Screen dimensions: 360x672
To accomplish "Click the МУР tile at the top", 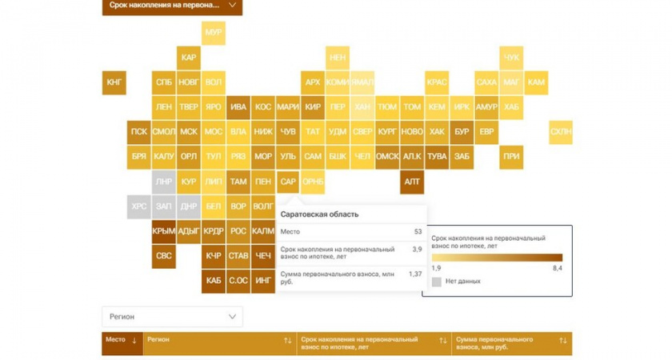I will (214, 32).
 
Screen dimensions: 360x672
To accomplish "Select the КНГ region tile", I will (114, 82).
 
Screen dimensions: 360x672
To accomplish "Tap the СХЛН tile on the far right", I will (561, 132).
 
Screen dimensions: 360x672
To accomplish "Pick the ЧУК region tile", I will (511, 58).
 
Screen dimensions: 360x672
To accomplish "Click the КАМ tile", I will (536, 82).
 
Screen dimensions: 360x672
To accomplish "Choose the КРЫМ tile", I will (164, 231).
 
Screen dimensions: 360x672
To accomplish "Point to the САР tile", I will (288, 182).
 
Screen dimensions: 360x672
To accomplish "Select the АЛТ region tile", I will (412, 182).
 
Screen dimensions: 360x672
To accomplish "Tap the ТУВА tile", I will (437, 157).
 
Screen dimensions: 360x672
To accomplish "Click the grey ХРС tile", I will (139, 206).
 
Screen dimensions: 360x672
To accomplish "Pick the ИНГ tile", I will (263, 281).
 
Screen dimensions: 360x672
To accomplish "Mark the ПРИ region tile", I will (511, 157).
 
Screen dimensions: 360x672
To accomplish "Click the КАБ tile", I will (214, 281).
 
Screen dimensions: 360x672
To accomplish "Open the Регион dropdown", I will (172, 317).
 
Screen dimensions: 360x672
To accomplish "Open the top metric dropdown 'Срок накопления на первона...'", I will (172, 6).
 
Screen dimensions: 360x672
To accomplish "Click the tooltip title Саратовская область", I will (319, 214).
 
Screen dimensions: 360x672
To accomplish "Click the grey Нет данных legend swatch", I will (437, 282).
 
